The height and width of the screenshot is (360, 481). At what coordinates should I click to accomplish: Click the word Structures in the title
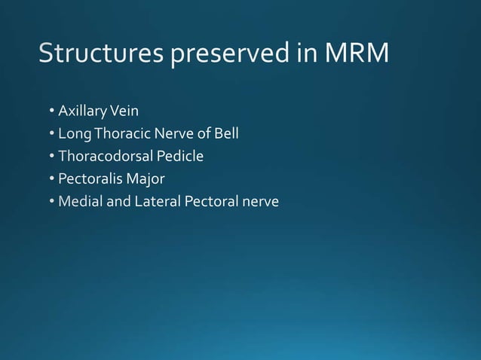(x=101, y=54)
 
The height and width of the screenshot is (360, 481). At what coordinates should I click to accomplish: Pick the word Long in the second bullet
(x=74, y=135)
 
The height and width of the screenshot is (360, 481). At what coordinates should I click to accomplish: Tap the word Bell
(x=225, y=135)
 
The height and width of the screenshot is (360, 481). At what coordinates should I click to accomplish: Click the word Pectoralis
(x=88, y=179)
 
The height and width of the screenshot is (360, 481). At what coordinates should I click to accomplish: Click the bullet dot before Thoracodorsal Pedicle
(x=52, y=157)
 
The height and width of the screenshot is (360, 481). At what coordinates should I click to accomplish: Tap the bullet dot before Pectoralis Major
(x=52, y=180)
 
